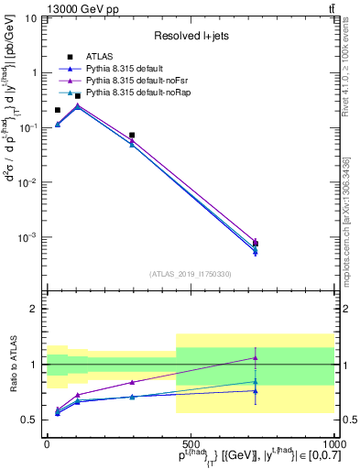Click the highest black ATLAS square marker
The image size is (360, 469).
coord(78,96)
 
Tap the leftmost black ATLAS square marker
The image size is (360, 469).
coord(57,110)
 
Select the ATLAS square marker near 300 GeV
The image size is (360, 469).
coord(132,136)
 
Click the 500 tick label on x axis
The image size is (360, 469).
coord(191,442)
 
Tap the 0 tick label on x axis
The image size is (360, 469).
coord(47,442)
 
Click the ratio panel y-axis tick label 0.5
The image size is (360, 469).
coord(30,420)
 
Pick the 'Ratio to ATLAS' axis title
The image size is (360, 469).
coord(11,364)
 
